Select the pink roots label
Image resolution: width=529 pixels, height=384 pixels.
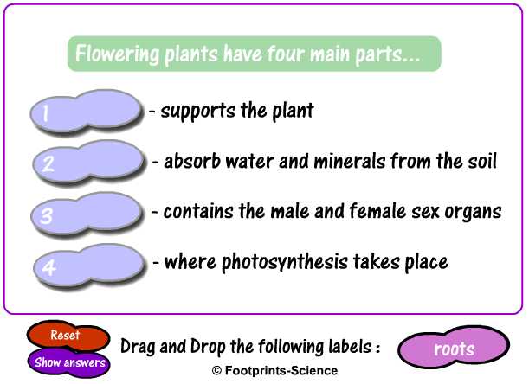tap(453, 349)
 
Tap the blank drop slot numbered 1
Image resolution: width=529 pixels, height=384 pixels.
tap(87, 112)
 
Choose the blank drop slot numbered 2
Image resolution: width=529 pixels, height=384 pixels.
tap(89, 162)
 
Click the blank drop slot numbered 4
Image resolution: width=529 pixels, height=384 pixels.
tap(89, 264)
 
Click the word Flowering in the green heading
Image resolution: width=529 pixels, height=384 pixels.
tap(117, 54)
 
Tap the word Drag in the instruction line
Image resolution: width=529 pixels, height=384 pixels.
tap(139, 347)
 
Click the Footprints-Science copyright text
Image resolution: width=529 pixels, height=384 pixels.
tap(264, 370)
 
